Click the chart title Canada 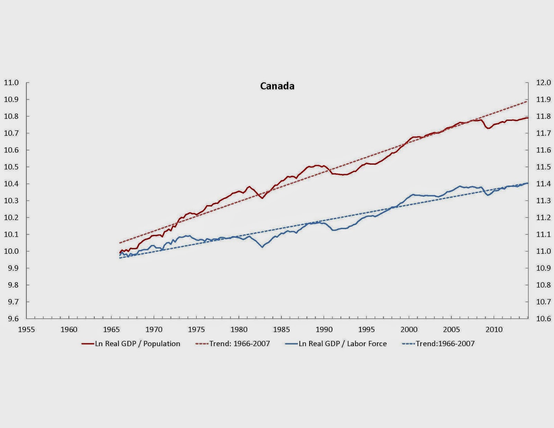(x=277, y=86)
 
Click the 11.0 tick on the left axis (x=11, y=83)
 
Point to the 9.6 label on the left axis (x=13, y=319)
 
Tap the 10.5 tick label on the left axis (x=11, y=167)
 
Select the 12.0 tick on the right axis (x=543, y=83)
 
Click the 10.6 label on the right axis (x=543, y=319)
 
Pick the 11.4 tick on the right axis (x=543, y=184)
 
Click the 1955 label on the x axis (x=26, y=329)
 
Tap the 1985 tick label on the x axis (x=281, y=329)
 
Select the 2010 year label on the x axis (x=494, y=329)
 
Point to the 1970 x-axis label (x=154, y=329)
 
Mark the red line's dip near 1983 (x=262, y=198)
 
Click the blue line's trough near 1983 (x=262, y=247)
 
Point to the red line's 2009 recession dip (x=489, y=128)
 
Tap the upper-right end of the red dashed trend (x=527, y=101)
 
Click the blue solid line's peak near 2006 (x=460, y=186)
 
